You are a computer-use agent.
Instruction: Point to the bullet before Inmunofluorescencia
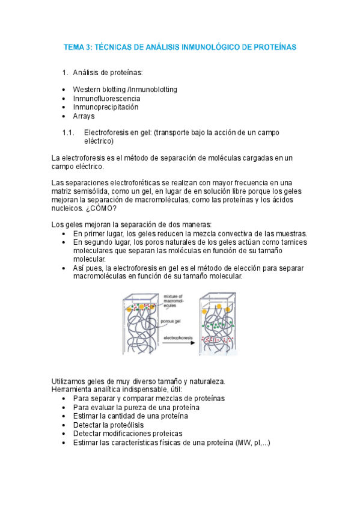point(64,99)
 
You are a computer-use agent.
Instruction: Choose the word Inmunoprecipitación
point(106,107)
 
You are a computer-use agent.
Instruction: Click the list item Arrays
point(84,116)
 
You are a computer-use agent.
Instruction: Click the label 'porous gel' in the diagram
point(172,321)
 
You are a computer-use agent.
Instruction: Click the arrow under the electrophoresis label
point(177,344)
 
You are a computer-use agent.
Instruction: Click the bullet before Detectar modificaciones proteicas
point(64,434)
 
